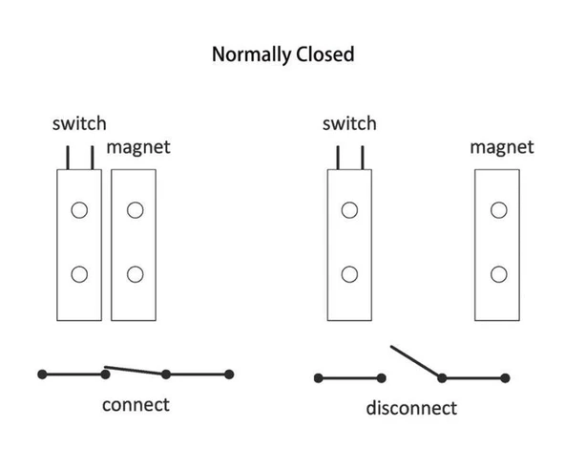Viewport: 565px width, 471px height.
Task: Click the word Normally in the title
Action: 252,54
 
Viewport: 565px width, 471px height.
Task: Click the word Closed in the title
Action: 325,54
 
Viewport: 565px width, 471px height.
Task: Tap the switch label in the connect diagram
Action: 79,123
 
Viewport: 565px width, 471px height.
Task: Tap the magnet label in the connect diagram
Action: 138,147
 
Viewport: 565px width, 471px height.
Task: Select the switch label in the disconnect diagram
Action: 349,123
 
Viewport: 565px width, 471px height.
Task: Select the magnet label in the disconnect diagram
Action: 502,147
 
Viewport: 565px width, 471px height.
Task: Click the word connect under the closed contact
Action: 136,405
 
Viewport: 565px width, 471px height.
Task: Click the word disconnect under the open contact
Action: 411,408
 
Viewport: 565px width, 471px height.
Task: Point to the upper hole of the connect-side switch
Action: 79,210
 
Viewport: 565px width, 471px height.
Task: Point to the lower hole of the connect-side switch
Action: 79,274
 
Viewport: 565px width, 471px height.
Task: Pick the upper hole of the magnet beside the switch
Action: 136,210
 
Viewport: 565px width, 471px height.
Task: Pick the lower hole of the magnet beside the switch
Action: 136,274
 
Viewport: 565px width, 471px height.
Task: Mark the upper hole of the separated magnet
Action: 499,210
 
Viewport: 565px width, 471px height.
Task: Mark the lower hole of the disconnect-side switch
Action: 349,274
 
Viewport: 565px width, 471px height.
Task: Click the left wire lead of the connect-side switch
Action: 68,158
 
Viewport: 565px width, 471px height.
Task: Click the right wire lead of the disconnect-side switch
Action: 363,158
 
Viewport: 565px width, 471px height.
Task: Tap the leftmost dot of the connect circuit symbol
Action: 42,375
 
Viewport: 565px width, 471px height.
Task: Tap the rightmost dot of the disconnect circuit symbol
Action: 505,378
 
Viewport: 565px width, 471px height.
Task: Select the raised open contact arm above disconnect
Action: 416,362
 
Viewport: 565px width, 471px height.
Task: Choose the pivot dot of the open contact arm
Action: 442,378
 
